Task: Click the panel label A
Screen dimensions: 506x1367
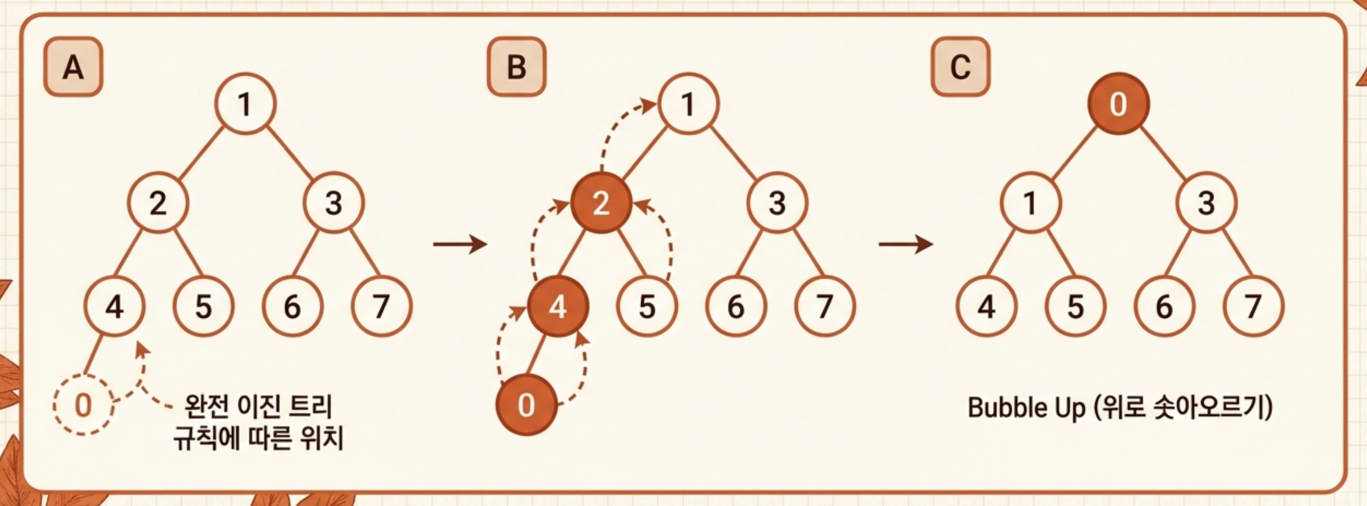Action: pos(73,67)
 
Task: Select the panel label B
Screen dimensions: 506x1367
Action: pos(516,67)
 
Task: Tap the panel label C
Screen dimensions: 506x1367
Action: pos(960,67)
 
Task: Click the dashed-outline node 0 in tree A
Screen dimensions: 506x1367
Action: pos(83,405)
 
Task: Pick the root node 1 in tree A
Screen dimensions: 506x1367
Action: pos(245,104)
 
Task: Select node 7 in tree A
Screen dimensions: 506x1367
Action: pos(381,306)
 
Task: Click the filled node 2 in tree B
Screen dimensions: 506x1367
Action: pos(601,202)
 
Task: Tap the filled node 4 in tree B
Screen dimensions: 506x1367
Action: pos(558,306)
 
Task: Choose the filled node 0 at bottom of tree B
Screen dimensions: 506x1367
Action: pos(526,405)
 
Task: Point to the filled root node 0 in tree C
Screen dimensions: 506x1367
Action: pos(1118,104)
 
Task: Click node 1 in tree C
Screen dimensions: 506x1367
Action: pos(1031,202)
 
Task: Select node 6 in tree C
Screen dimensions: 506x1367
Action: pos(1164,306)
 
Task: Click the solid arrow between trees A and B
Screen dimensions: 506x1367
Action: pos(459,244)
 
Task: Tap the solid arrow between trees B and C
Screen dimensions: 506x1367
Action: pos(905,244)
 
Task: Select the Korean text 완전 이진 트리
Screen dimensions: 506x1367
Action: pos(258,407)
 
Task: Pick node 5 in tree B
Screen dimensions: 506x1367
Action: pos(647,306)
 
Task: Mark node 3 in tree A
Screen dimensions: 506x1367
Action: pos(333,202)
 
